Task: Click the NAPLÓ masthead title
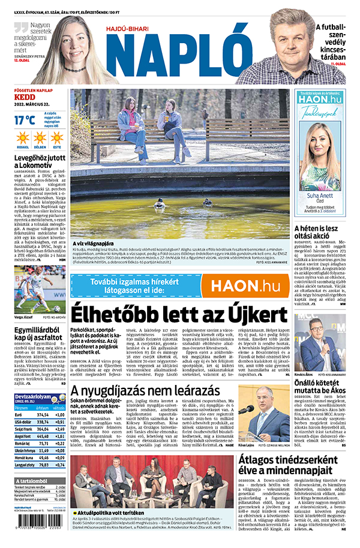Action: [x=178, y=52]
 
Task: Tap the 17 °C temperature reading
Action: [x=25, y=119]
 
